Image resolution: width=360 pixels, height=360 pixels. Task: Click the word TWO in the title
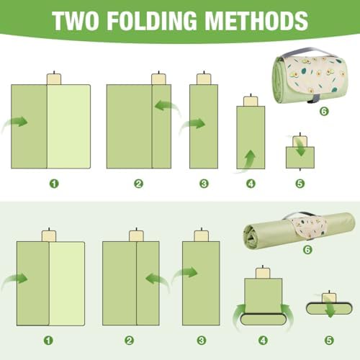click(x=76, y=21)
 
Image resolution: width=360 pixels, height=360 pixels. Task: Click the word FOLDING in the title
click(x=152, y=21)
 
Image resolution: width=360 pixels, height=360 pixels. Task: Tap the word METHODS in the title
click(x=256, y=21)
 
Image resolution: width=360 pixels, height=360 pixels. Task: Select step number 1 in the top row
click(x=54, y=184)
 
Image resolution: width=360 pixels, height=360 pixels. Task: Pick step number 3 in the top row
click(x=204, y=184)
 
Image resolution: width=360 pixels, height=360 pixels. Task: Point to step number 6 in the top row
click(x=324, y=111)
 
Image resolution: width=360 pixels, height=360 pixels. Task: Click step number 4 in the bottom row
click(x=263, y=341)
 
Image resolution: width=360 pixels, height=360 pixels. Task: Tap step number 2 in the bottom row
click(x=129, y=341)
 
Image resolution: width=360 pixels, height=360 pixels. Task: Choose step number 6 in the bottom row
click(x=307, y=250)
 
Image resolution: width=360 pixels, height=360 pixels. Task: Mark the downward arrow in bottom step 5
click(x=329, y=307)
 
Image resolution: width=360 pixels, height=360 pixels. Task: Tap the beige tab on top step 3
click(x=204, y=79)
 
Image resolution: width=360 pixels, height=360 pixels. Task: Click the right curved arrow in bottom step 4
click(x=288, y=317)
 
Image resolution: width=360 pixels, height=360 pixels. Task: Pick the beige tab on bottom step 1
click(x=49, y=236)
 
